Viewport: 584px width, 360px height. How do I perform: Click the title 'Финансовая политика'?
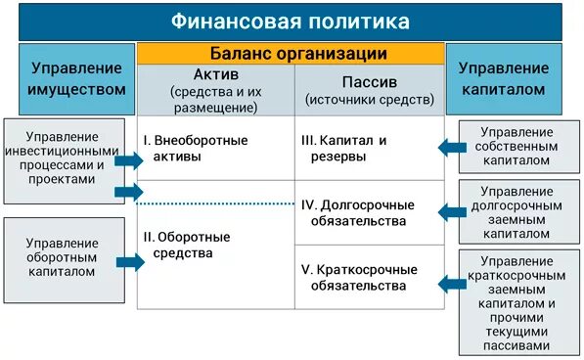[291, 21]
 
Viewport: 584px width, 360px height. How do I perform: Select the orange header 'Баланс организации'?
[292, 54]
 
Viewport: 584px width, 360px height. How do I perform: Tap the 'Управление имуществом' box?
[77, 78]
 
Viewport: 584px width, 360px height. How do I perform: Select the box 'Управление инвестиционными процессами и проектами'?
[64, 157]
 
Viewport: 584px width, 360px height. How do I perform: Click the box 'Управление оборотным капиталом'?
[64, 257]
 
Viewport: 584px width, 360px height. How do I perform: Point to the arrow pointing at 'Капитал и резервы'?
[450, 148]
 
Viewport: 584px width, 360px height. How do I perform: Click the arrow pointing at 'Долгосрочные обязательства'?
[450, 210]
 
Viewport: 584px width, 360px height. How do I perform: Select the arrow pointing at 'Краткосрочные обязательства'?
[450, 284]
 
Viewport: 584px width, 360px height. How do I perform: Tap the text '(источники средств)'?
[369, 100]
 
